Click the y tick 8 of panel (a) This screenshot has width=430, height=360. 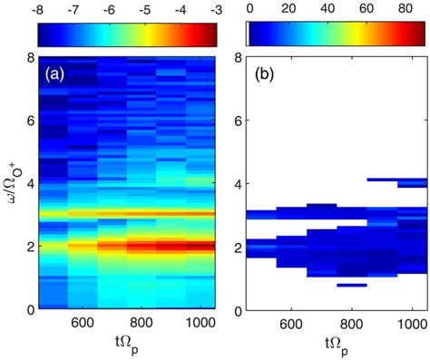[x=30, y=57]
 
